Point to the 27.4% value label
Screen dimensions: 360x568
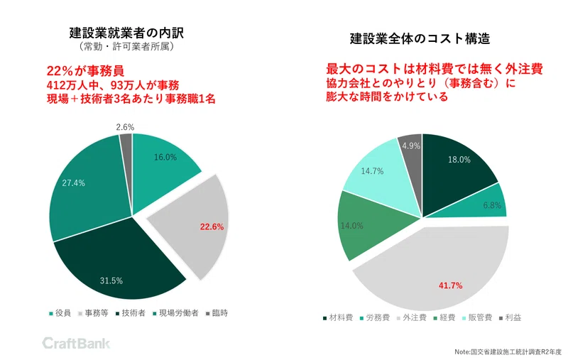pos(73,182)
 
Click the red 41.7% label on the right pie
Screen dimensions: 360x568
pos(450,285)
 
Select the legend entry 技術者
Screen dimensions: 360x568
pos(131,312)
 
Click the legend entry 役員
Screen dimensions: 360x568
pos(59,312)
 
